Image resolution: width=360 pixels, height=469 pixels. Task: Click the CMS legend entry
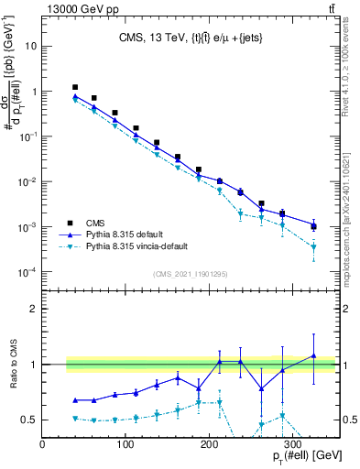(x=93, y=223)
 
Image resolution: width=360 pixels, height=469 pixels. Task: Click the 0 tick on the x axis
(x=42, y=445)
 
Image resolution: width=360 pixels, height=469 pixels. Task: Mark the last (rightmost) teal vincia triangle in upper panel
(x=313, y=247)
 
